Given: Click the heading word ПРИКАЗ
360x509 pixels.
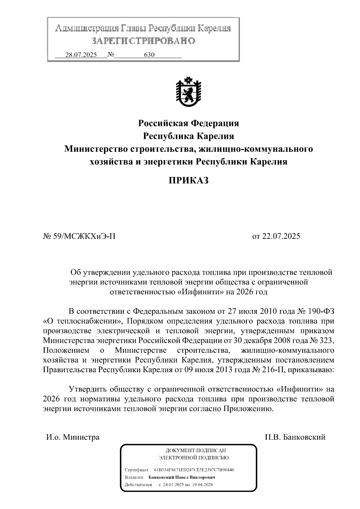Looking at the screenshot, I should point(188,180).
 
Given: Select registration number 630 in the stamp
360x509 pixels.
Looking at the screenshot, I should point(149,55).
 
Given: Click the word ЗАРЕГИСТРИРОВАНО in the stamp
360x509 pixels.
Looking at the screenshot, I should point(143,40).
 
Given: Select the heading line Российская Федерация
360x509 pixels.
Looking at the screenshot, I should point(188,123).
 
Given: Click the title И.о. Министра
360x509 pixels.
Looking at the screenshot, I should point(73,437).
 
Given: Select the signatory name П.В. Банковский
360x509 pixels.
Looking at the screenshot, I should point(295,437).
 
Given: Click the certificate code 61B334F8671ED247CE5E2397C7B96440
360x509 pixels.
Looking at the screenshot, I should point(194,470).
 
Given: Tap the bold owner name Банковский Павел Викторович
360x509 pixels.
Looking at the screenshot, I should point(182,477).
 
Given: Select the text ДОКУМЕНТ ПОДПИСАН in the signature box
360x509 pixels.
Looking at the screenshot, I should point(196,451).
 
